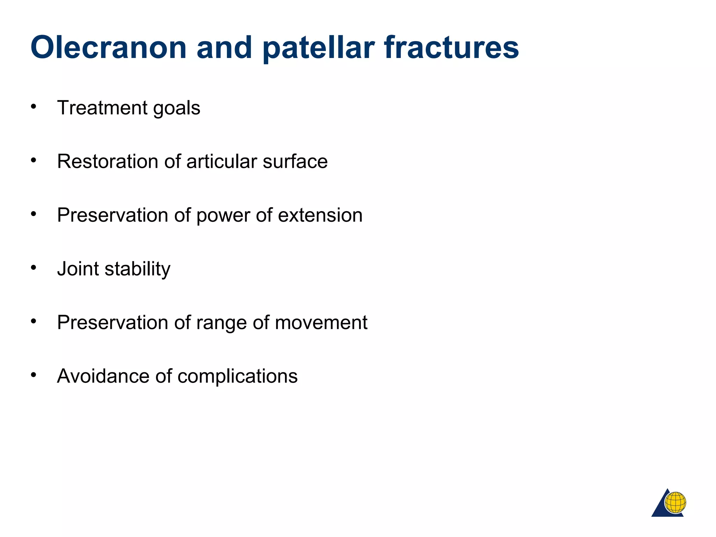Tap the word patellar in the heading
[x=318, y=48]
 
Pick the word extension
[x=320, y=215]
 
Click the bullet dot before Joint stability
[x=34, y=268]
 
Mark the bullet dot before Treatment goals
[x=34, y=107]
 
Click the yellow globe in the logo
[x=675, y=502]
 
